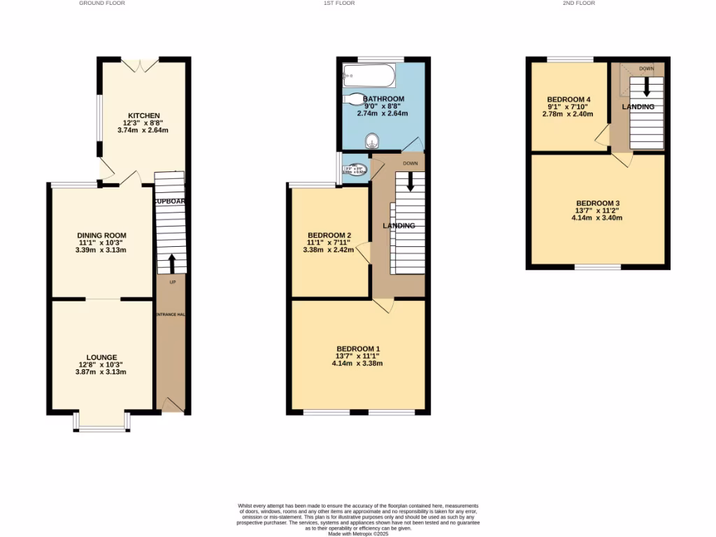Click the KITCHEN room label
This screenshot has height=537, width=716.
[143, 115]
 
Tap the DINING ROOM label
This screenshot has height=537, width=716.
[102, 235]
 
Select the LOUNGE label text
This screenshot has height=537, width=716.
[102, 357]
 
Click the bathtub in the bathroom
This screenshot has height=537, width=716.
[368, 74]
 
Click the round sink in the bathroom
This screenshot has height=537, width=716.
[371, 140]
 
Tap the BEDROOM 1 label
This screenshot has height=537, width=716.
[358, 348]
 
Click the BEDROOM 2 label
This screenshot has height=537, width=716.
[329, 235]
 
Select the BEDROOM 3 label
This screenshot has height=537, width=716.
[597, 203]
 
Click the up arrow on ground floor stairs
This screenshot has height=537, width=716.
[171, 264]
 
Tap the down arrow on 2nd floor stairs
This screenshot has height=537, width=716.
[646, 87]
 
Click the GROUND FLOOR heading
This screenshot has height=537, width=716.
[97, 3]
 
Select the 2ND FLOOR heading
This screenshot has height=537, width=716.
[579, 3]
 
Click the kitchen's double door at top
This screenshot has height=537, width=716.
[140, 65]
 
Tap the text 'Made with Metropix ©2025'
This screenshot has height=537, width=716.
[358, 533]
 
